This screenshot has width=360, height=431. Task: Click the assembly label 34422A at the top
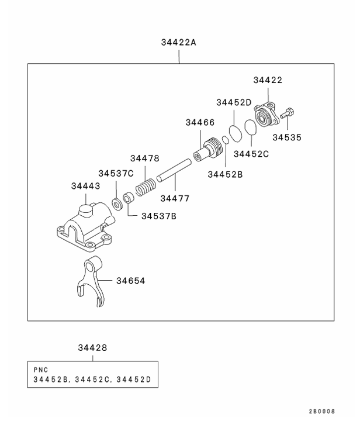[x=179, y=43]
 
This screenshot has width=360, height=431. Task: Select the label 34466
[x=200, y=123]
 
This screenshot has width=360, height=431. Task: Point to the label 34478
[x=144, y=158]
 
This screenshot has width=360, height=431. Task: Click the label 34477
[x=175, y=198]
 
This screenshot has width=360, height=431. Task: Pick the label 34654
[x=130, y=281]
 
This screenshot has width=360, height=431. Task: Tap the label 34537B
[x=158, y=216]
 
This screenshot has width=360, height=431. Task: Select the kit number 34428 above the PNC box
[x=92, y=348]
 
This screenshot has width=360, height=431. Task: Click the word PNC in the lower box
[x=42, y=370]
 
